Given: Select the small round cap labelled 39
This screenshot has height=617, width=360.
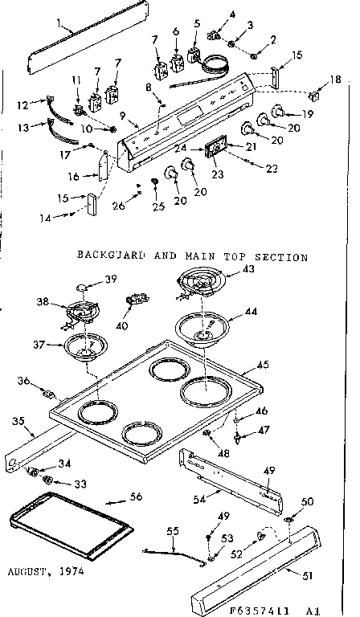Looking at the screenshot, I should coord(84,286).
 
